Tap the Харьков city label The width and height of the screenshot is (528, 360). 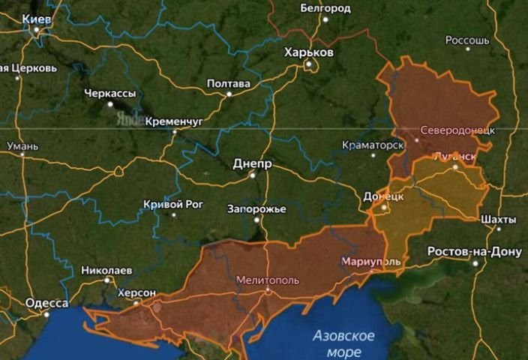click(309, 52)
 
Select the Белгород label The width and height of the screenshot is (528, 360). click(325, 8)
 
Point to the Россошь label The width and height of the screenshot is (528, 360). click(467, 40)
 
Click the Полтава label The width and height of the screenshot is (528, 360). click(228, 83)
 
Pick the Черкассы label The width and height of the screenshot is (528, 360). click(110, 93)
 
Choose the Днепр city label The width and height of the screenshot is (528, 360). click(253, 163)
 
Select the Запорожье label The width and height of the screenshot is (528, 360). click(256, 209)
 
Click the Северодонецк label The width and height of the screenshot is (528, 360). click(457, 130)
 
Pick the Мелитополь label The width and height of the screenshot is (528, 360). click(267, 280)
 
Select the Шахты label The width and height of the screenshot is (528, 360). click(499, 219)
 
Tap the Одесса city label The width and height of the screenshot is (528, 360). click(46, 303)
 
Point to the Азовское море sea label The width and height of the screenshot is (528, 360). click(343, 343)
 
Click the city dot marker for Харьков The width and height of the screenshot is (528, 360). click(308, 64)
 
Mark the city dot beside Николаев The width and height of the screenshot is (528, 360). click(108, 280)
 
